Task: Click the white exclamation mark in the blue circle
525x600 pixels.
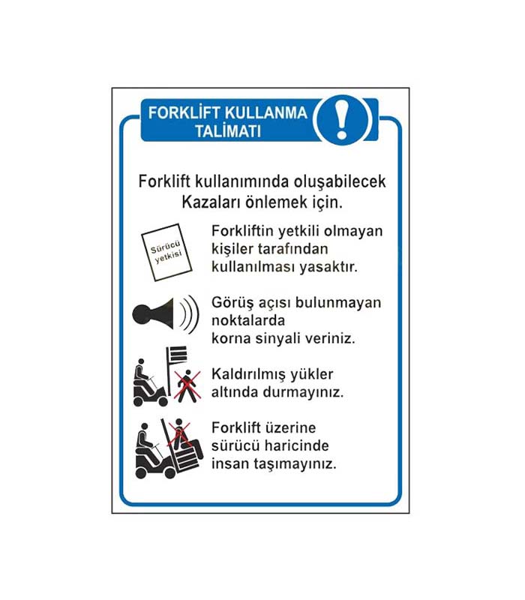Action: tap(342, 119)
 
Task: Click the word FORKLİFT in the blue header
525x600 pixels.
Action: tap(184, 113)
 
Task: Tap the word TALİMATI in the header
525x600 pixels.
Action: tap(228, 131)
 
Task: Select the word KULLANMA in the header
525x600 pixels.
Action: tap(266, 113)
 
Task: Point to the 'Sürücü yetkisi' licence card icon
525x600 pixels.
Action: tap(166, 252)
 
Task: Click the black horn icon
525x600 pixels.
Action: tap(166, 314)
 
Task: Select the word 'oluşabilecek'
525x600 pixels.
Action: tap(340, 181)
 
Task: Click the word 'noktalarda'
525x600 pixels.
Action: tap(248, 320)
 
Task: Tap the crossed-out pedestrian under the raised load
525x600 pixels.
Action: tap(187, 385)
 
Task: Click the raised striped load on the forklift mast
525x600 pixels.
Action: tap(177, 354)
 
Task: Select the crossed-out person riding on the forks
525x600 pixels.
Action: tap(179, 434)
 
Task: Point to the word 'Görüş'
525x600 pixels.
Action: tap(232, 303)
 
